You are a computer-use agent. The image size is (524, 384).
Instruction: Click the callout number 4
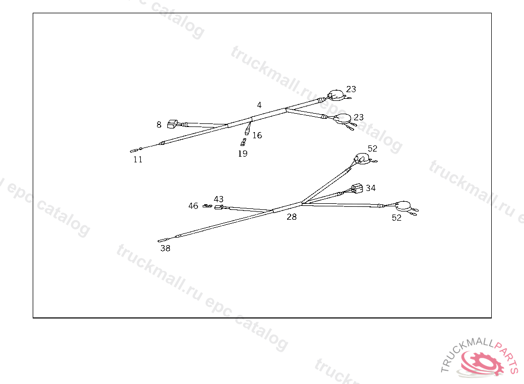(x=259, y=105)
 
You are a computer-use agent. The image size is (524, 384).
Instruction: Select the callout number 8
(x=159, y=124)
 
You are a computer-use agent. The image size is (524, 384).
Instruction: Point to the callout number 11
(x=138, y=160)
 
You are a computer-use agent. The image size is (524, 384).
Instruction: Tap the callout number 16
(x=257, y=136)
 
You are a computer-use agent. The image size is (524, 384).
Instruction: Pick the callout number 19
(x=243, y=154)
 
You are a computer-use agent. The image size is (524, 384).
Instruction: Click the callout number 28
(x=291, y=217)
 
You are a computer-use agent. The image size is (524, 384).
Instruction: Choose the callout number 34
(x=370, y=188)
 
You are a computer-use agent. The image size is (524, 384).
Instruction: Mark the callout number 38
(x=165, y=249)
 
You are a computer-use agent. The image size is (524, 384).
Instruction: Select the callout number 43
(x=219, y=199)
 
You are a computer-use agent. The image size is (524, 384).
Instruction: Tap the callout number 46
(x=193, y=206)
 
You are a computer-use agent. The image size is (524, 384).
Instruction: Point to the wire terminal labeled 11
(x=135, y=151)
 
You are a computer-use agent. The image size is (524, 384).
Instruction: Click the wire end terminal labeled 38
(x=164, y=239)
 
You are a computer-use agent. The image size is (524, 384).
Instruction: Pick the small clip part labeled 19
(x=243, y=142)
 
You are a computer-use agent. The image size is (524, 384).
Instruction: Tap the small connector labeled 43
(x=219, y=207)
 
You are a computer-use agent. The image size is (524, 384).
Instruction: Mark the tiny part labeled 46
(x=207, y=206)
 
